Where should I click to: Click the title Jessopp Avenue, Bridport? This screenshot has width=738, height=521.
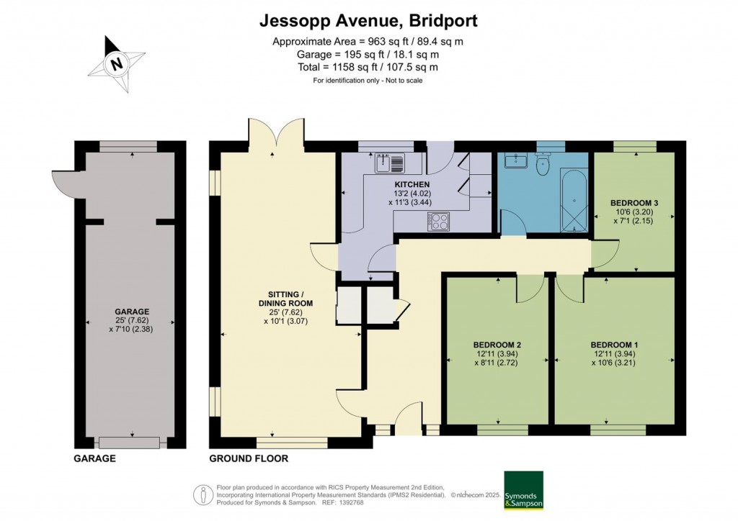(368, 21)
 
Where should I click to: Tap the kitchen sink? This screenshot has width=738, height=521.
(388, 163)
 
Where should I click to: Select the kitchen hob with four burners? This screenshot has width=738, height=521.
(439, 221)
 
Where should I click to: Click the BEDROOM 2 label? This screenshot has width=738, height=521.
(498, 344)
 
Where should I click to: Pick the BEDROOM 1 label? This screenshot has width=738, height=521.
(614, 344)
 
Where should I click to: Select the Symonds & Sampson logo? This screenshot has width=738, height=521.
(523, 490)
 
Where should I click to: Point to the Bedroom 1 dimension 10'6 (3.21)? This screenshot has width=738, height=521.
(614, 363)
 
